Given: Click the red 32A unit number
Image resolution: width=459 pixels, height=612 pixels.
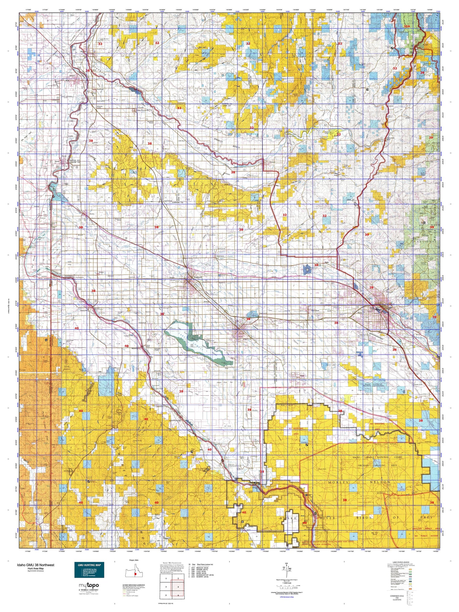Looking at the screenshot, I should click(x=406, y=27).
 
